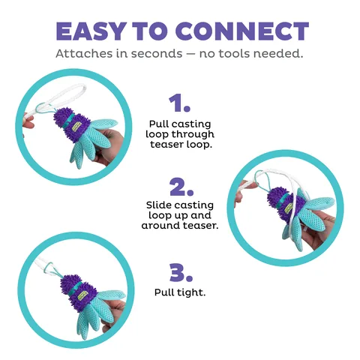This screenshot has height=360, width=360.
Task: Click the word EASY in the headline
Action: (x=91, y=31)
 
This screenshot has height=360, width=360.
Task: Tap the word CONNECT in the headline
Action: (x=242, y=31)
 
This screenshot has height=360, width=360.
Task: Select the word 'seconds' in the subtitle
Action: (x=157, y=53)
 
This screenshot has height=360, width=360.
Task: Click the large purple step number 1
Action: (x=179, y=103)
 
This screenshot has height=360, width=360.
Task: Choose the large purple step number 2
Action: (x=181, y=187)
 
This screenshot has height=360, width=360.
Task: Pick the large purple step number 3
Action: (x=181, y=272)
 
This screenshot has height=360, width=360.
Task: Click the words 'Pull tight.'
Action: (x=180, y=292)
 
